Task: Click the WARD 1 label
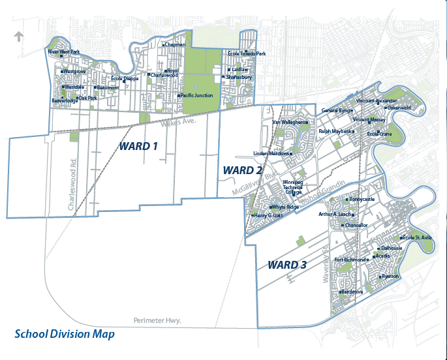[138, 146]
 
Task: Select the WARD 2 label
[243, 170]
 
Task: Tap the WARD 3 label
[287, 265]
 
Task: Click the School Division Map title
[65, 334]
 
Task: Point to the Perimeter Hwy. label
[157, 320]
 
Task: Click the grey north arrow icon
[19, 37]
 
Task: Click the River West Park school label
[64, 52]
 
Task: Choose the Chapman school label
[175, 45]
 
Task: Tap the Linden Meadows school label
[271, 154]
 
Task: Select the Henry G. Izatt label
[268, 215]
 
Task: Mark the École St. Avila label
[418, 237]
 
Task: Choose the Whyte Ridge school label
[285, 207]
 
